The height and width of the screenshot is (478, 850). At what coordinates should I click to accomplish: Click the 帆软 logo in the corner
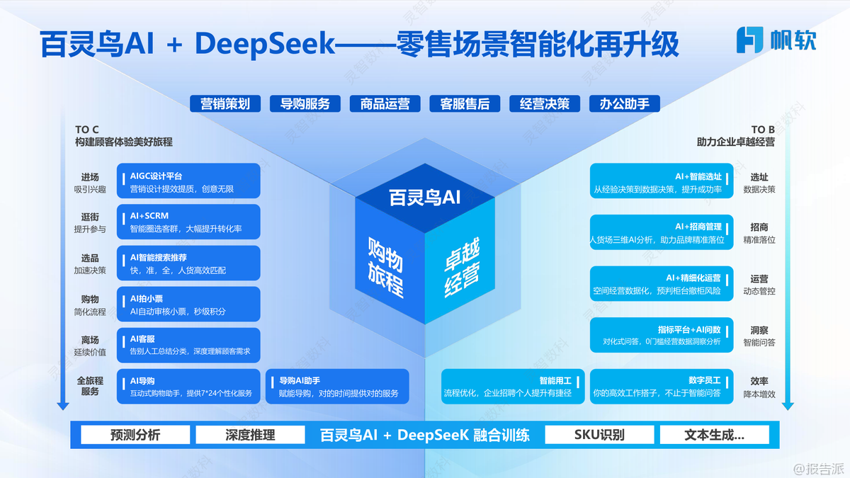776,40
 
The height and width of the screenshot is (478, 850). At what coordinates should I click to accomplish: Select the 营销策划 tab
225,103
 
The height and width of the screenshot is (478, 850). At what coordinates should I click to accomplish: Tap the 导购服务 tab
305,103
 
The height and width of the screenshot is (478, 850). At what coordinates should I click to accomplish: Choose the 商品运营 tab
385,103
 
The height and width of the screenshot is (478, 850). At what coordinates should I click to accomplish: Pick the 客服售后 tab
465,103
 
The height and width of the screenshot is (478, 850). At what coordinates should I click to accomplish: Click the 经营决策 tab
545,103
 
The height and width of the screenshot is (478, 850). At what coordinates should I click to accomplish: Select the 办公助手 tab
624,103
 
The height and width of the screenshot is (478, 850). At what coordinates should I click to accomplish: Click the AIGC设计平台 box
188,181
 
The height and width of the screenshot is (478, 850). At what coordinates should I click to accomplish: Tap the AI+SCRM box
188,222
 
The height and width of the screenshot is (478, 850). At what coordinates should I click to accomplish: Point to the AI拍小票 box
188,305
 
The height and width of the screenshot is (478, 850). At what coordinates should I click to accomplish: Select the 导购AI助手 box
336,387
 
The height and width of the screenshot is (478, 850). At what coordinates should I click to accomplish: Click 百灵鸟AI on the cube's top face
425,198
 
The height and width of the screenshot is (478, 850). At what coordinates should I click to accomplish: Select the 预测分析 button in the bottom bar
135,434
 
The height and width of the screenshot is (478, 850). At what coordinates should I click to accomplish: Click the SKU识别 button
599,434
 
